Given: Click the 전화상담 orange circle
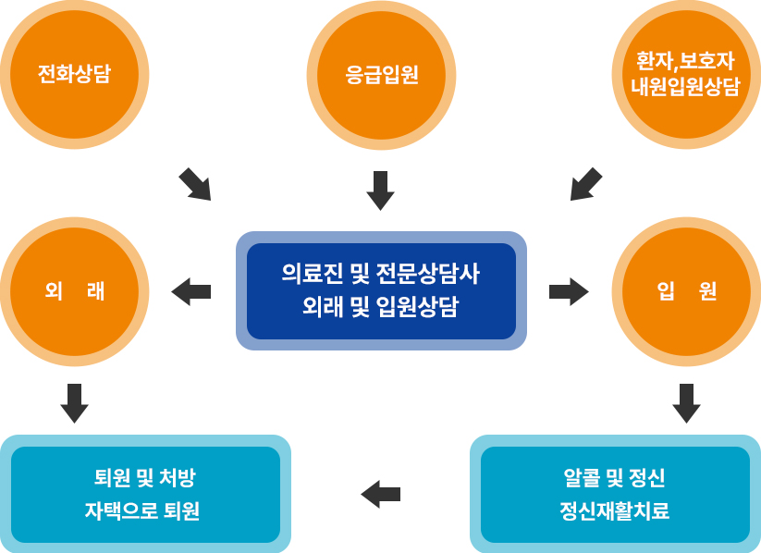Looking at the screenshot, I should tap(74, 74).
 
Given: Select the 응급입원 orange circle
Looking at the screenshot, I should tap(381, 74).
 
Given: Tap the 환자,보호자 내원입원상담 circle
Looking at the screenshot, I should tap(686, 74).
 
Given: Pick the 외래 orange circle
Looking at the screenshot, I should tap(74, 291).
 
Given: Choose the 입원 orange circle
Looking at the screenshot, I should tap(686, 291).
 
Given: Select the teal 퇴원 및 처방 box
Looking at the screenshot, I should tap(145, 478).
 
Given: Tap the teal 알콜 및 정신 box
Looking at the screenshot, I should tap(615, 478).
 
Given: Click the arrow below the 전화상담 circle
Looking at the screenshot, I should tap(194, 184).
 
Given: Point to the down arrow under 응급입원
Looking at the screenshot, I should tap(380, 190).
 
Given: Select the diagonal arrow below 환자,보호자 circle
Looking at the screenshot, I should tap(585, 184).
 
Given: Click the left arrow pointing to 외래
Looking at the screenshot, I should tap(191, 291).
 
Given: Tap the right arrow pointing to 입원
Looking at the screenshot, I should tap(569, 291).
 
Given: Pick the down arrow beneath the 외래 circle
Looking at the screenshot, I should tap(74, 403).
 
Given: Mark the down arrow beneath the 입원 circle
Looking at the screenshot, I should tap(686, 403).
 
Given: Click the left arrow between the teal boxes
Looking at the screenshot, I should tap(380, 494).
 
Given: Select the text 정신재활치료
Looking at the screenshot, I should tap(615, 511).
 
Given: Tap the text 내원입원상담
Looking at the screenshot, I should tap(686, 88).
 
